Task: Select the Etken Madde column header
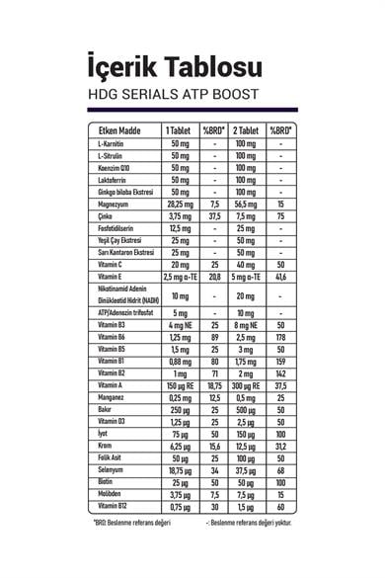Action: coord(116,131)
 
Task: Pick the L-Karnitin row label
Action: coord(110,145)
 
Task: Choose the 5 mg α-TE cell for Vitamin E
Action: coord(246,280)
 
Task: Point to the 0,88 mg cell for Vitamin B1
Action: coord(180,362)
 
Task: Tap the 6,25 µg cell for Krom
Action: coord(180,446)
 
